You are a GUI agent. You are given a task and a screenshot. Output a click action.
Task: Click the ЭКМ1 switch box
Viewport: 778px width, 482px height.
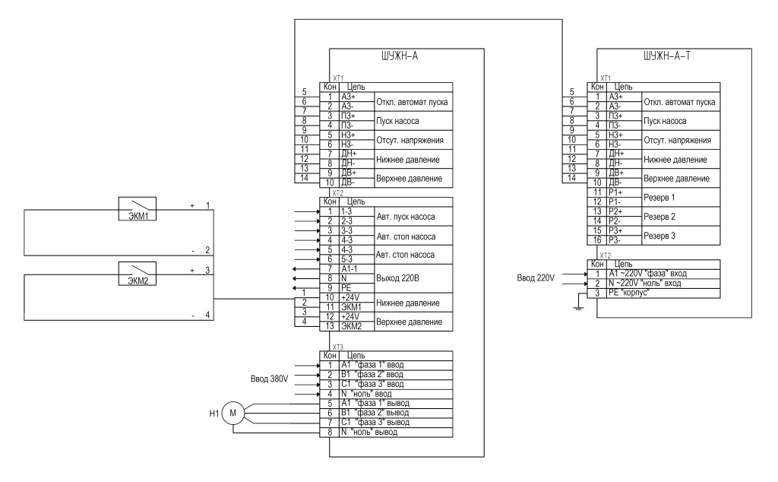click(x=138, y=208)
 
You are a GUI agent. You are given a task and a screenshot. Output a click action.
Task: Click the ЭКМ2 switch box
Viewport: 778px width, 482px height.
click(x=138, y=274)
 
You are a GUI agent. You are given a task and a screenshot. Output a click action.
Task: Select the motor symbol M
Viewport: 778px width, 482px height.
click(x=232, y=413)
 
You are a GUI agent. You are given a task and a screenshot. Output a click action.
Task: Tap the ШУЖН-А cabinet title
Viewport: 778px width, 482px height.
click(x=400, y=56)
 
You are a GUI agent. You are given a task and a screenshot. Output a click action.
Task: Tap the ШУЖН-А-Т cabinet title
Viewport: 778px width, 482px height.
click(x=667, y=56)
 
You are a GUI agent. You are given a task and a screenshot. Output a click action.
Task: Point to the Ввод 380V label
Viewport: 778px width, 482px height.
click(x=269, y=379)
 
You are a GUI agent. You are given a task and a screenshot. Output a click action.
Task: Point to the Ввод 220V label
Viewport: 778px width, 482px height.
click(x=536, y=278)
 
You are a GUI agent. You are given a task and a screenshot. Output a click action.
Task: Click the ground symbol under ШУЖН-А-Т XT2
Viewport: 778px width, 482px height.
click(x=578, y=306)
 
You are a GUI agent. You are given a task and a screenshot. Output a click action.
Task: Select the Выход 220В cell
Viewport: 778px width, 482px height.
click(x=413, y=278)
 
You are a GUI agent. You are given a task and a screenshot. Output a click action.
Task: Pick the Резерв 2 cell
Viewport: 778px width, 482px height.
click(x=681, y=217)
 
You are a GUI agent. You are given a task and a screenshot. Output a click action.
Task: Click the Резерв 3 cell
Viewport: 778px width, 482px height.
click(x=681, y=236)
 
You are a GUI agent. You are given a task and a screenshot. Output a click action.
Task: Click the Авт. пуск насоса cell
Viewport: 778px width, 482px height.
click(x=413, y=217)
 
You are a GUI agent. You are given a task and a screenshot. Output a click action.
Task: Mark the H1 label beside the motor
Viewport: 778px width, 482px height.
click(x=213, y=414)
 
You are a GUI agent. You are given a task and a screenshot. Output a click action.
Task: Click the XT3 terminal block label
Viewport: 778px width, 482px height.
click(x=338, y=347)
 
